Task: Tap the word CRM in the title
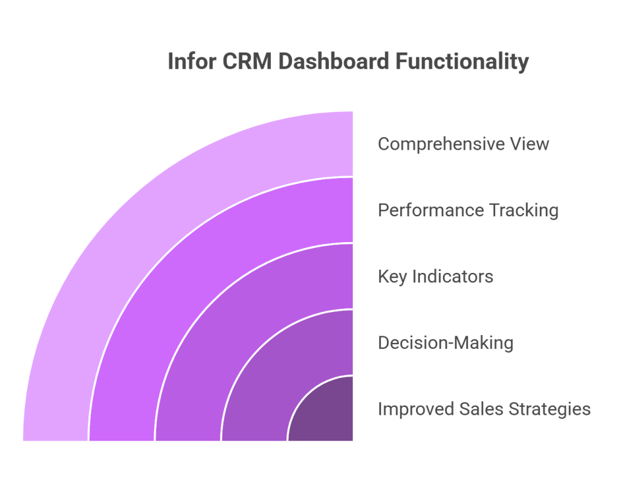(x=247, y=62)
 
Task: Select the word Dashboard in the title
(x=334, y=62)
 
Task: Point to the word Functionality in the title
(x=462, y=62)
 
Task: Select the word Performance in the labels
(x=430, y=210)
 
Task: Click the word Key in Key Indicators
(x=392, y=277)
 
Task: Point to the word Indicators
(x=453, y=277)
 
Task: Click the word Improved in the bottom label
(x=416, y=409)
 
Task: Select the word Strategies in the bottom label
(x=549, y=409)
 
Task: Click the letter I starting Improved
(x=380, y=409)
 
